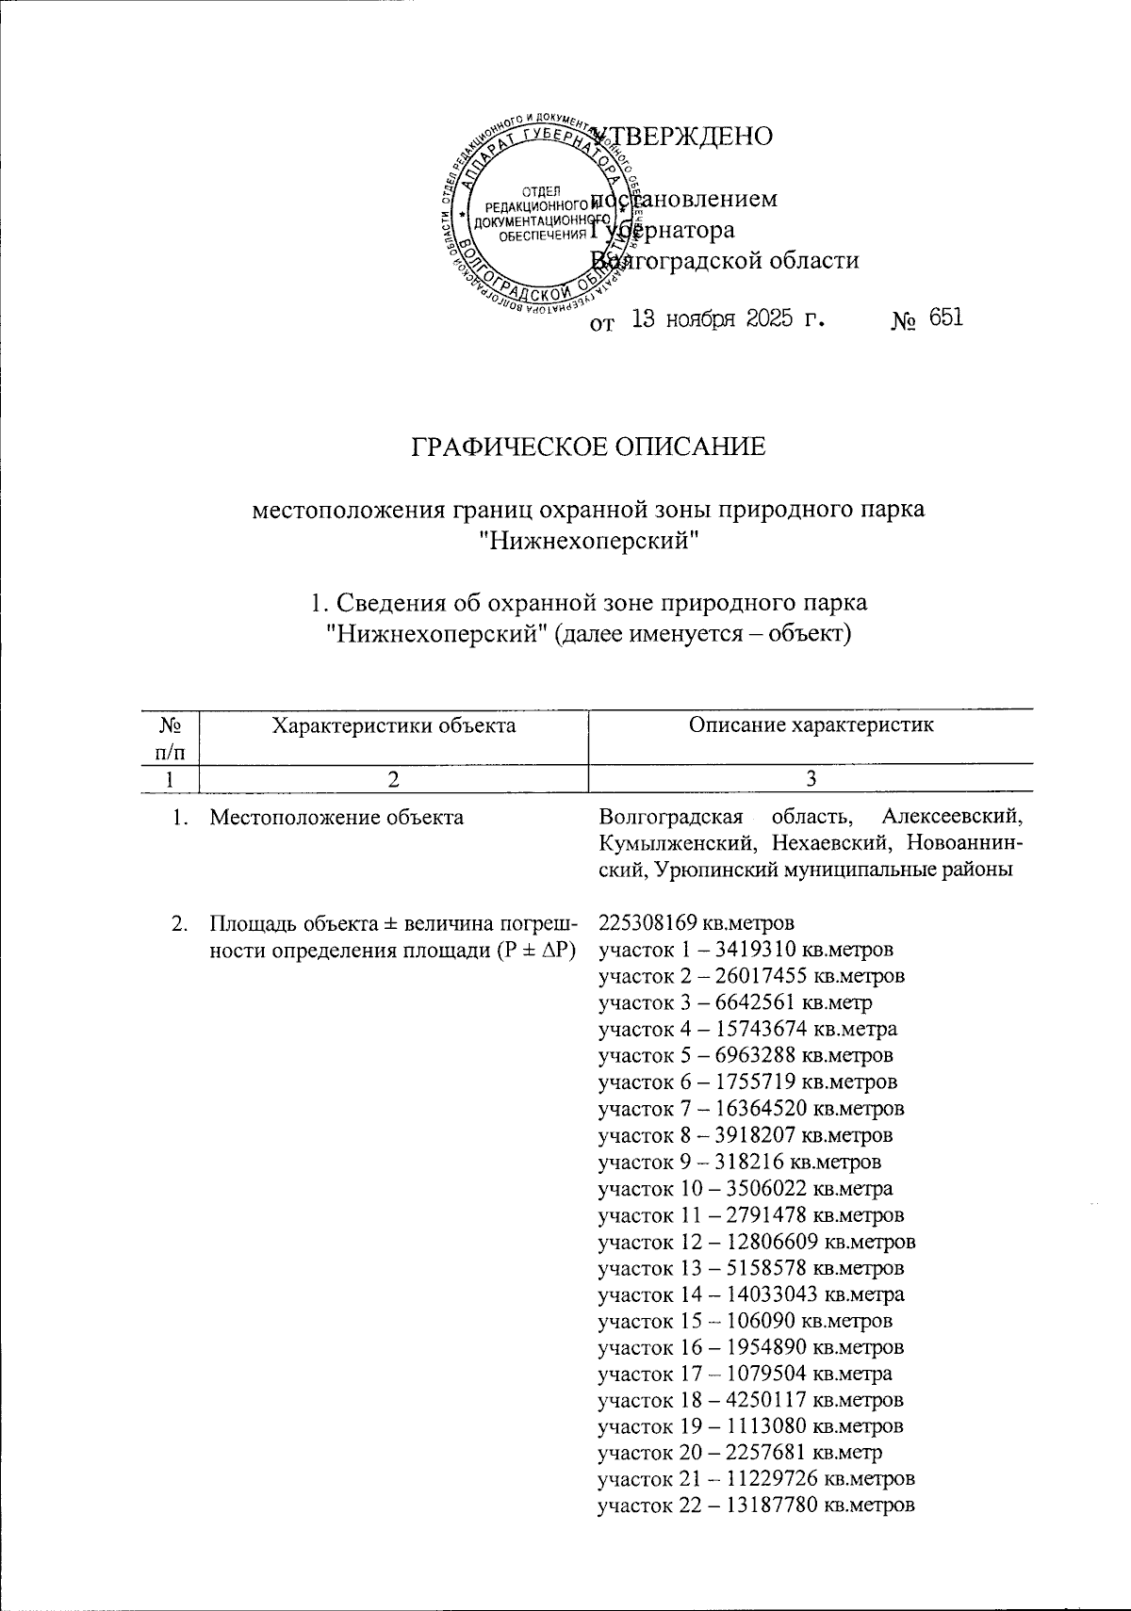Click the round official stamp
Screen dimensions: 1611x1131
tap(533, 217)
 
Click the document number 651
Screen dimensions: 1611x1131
tap(944, 318)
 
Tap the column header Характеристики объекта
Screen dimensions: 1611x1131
tap(393, 724)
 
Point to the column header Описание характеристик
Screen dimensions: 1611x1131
tap(810, 724)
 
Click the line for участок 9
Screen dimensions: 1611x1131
tap(740, 1161)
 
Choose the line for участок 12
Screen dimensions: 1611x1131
tap(757, 1241)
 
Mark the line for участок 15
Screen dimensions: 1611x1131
tap(746, 1321)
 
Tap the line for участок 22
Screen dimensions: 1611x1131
tap(757, 1505)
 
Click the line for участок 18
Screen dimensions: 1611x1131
tap(751, 1400)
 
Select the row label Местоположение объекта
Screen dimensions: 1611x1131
tap(336, 818)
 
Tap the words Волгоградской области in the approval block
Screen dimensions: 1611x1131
tap(725, 260)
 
